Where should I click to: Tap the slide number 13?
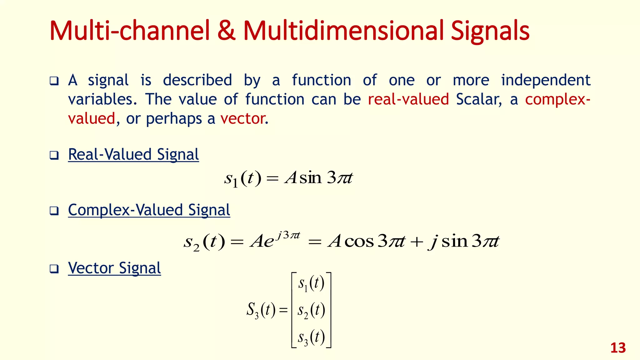[x=618, y=348]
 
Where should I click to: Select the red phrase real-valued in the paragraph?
[x=408, y=99]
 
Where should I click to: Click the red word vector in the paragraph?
[x=242, y=119]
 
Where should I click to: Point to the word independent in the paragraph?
[x=546, y=80]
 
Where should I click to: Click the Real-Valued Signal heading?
[x=133, y=155]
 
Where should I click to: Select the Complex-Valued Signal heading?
[x=149, y=210]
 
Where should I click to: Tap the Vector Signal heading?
[x=114, y=268]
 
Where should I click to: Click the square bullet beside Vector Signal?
[x=54, y=268]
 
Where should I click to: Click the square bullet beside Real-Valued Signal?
[x=54, y=155]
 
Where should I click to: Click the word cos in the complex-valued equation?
[x=359, y=242]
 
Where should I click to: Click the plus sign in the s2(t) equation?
[x=417, y=242]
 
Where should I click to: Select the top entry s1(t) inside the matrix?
[x=311, y=283]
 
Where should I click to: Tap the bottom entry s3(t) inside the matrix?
[x=311, y=337]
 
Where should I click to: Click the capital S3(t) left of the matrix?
[x=261, y=310]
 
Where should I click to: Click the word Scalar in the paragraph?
[x=478, y=99]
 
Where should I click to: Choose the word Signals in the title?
[x=490, y=31]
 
